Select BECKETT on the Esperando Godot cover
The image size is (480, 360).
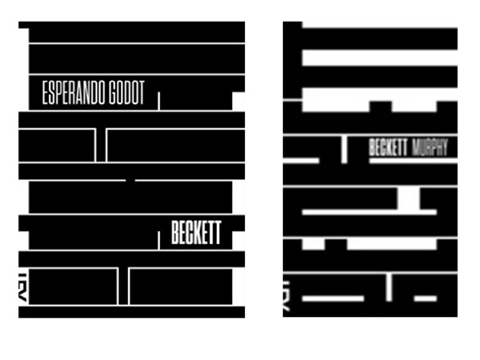195,235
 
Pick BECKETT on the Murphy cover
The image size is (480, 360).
389,148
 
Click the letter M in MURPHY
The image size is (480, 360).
416,148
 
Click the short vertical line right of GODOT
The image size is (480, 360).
159,102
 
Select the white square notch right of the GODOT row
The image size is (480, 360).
238,98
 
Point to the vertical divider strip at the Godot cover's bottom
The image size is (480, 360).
123,286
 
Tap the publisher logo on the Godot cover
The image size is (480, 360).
24,287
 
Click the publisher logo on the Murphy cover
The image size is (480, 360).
288,297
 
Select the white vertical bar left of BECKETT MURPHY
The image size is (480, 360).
344,148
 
